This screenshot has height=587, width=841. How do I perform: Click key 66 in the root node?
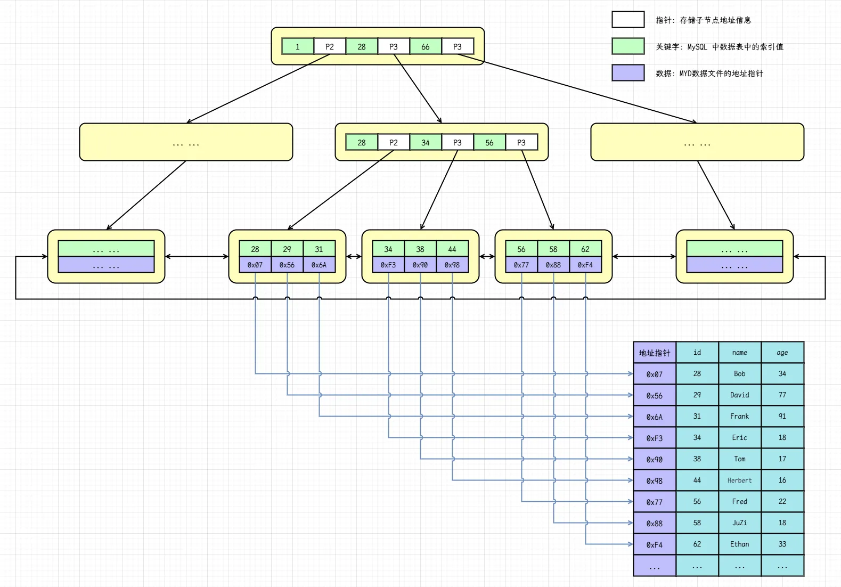pos(426,47)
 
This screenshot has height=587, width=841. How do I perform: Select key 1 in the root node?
pos(298,47)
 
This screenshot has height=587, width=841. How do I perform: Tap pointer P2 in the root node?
pos(330,47)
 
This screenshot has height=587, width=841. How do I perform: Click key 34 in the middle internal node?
pos(426,143)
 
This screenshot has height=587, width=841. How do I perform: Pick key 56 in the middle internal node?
pos(489,143)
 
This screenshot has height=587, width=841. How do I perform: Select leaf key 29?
pos(287,249)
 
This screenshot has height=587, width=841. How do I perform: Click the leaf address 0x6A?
pos(319,265)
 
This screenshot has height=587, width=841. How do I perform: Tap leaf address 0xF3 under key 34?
pos(388,265)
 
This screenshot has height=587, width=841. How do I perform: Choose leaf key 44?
pos(452,249)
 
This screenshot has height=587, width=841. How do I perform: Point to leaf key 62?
pos(585,249)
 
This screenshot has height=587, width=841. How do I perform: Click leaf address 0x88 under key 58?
pos(553,265)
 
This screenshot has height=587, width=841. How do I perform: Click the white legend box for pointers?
pos(628,20)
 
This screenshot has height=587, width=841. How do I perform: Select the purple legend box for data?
pos(628,73)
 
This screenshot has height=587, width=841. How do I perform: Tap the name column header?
pos(740,353)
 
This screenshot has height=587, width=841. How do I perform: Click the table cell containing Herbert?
pos(740,480)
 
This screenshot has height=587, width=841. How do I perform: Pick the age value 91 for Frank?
pos(782,417)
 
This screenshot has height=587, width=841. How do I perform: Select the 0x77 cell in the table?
pos(655,502)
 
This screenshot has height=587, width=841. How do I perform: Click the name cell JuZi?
pos(740,523)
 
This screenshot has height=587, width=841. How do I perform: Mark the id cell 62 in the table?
pos(697,544)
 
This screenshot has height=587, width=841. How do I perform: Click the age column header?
pos(782,353)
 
